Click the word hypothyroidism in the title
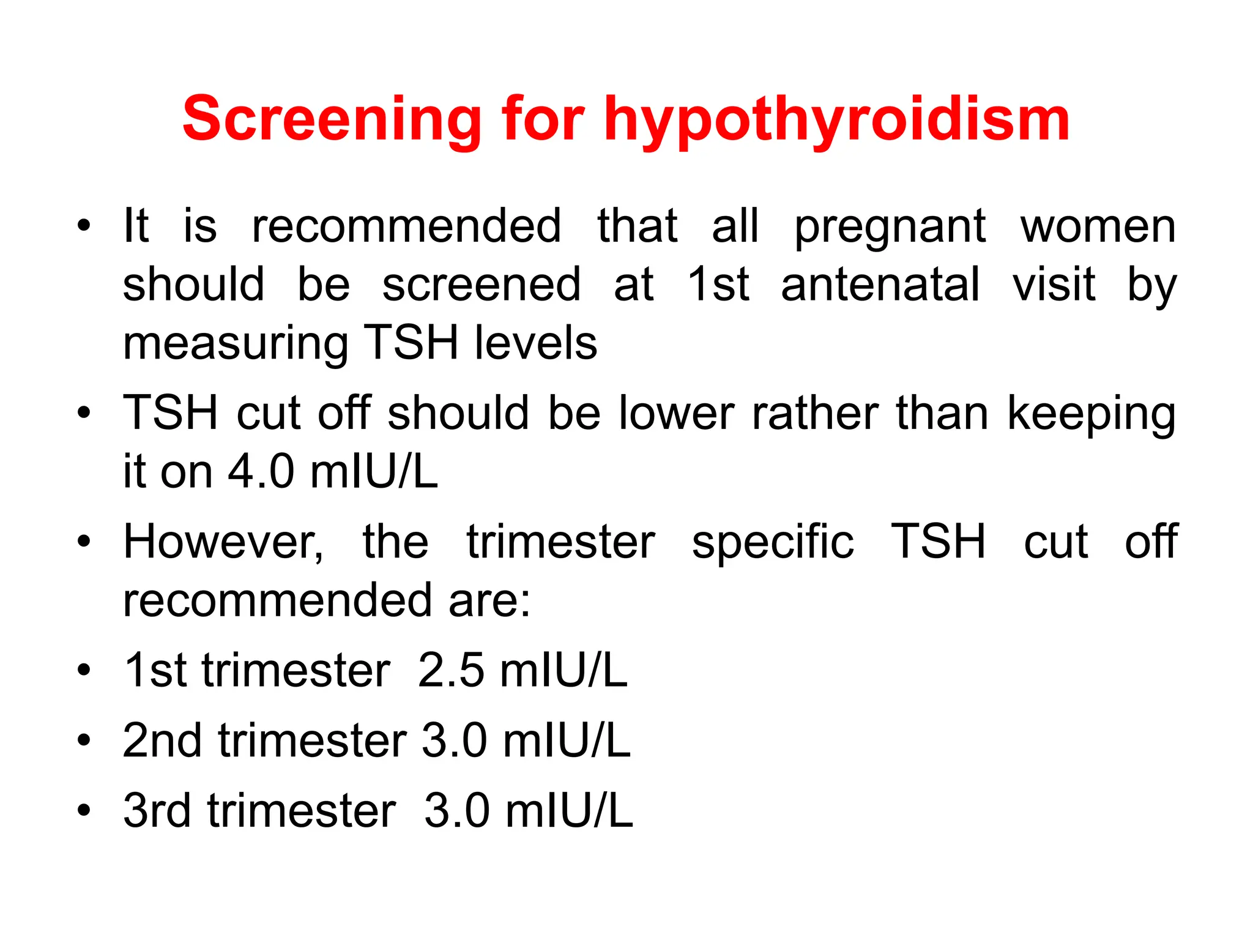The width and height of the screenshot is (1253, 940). tap(836, 121)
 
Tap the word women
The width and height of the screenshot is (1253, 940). tap(1098, 226)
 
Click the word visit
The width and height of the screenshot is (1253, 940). tap(1054, 285)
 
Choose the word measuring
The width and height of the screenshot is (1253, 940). tap(236, 345)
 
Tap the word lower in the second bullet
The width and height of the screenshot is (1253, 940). tap(675, 413)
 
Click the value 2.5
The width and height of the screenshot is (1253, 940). tap(450, 671)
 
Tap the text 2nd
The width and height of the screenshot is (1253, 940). tap(162, 741)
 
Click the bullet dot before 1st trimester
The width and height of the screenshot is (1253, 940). tap(84, 671)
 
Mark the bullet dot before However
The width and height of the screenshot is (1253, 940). tap(84, 542)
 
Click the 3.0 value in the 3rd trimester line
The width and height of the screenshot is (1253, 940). tap(456, 811)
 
